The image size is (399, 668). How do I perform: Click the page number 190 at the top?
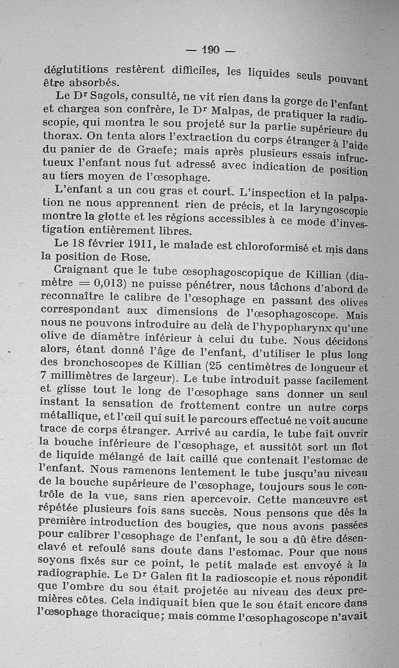point(210,50)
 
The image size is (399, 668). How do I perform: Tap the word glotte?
point(119,218)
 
